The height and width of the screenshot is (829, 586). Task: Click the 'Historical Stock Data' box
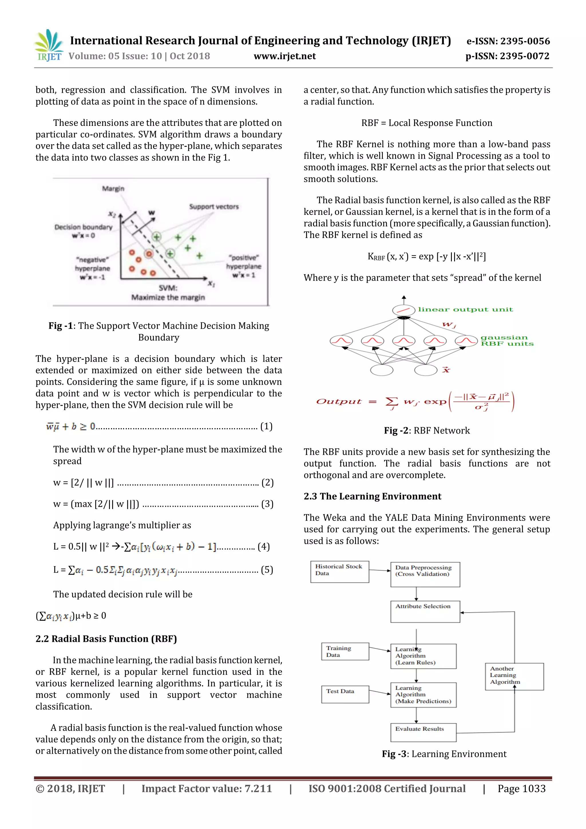point(339,571)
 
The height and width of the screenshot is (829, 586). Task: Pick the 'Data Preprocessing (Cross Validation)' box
point(425,574)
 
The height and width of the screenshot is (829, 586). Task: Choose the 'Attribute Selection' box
point(425,611)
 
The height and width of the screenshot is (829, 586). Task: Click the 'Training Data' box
point(345,651)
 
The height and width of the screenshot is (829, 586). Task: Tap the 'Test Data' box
point(345,694)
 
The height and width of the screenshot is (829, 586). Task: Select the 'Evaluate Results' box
point(423,732)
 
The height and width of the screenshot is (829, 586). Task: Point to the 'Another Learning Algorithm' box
point(514,676)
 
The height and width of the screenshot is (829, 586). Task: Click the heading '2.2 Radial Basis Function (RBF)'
point(106,639)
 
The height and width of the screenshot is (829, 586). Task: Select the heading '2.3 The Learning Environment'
point(372,496)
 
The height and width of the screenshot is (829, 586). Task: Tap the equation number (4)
point(264,547)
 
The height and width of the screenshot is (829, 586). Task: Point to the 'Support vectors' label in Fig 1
point(214,207)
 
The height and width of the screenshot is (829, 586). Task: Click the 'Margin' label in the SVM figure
point(113,189)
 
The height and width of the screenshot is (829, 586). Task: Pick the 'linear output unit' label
point(465,309)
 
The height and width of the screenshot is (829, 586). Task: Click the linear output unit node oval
point(403,310)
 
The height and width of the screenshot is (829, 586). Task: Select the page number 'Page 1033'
point(521,789)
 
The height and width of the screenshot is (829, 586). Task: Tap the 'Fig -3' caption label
point(394,754)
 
